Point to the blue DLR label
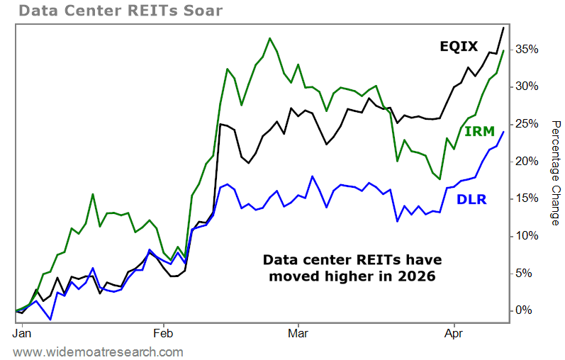[471, 200]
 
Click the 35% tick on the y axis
[528, 49]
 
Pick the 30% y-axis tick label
[528, 86]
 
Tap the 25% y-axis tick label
[528, 124]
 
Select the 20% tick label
[528, 161]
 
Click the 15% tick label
[528, 198]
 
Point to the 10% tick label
[528, 235]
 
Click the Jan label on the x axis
[22, 331]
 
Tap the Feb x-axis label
[164, 331]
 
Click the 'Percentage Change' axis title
[556, 173]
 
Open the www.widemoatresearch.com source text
[98, 351]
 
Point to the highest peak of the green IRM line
[270, 38]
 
